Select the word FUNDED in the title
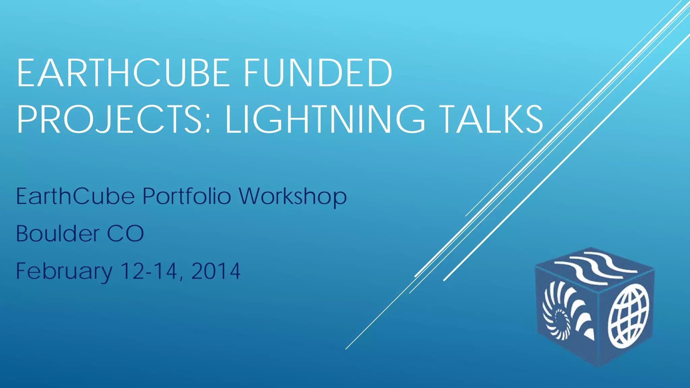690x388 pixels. [317, 73]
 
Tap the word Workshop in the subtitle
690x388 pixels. [292, 197]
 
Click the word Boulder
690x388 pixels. [58, 233]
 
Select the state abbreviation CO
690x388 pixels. [125, 233]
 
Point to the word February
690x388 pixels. [64, 271]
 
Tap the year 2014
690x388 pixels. [216, 271]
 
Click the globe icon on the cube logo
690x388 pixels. [628, 316]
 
